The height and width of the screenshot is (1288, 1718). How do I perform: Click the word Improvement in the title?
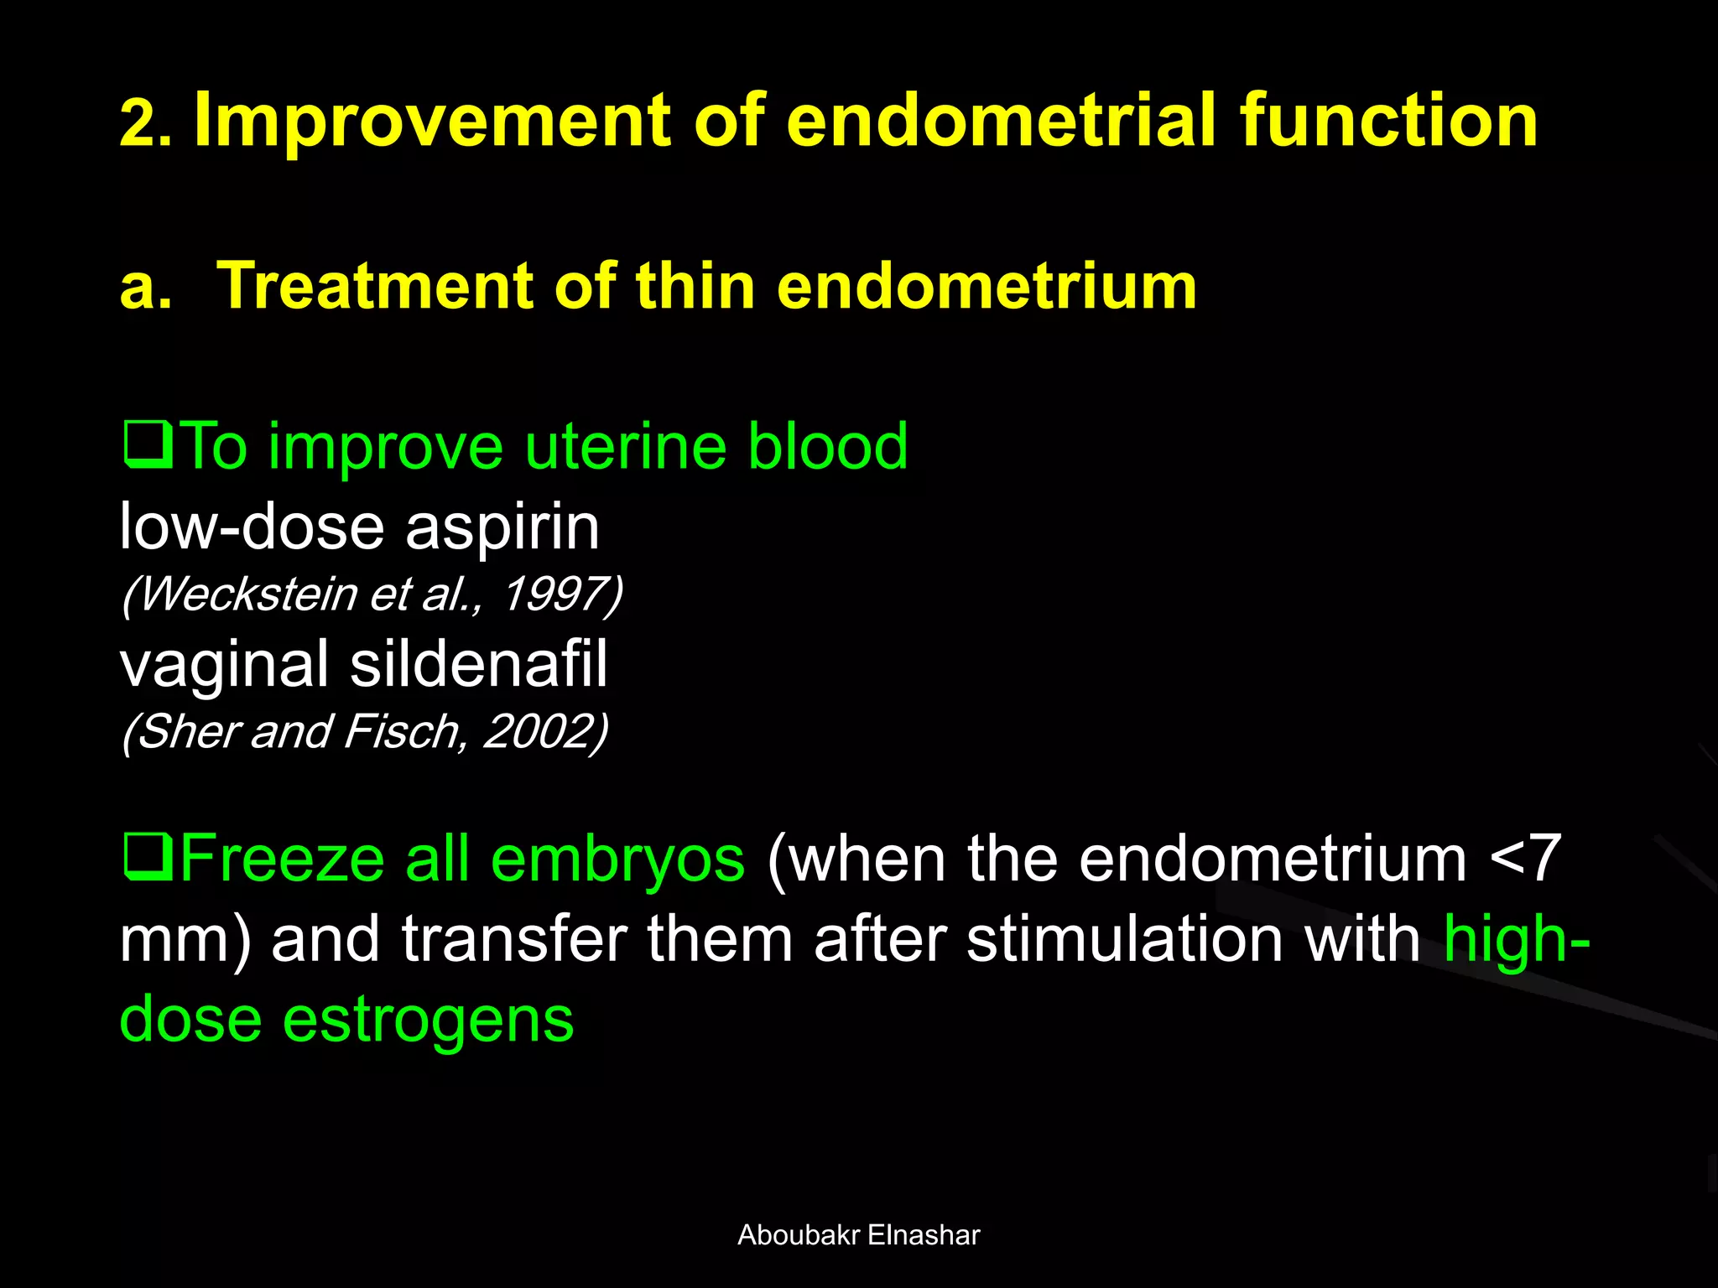[432, 122]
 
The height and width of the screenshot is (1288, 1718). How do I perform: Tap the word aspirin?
[502, 528]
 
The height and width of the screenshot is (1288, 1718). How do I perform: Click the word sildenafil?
[478, 664]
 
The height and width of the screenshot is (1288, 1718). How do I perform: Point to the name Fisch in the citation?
[401, 731]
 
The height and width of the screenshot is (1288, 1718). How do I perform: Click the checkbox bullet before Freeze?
[148, 857]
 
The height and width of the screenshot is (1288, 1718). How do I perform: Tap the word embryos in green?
[617, 859]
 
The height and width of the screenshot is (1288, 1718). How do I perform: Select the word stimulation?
[1125, 939]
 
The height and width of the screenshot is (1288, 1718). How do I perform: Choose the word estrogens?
[428, 1020]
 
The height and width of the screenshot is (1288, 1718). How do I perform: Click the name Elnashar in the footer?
[924, 1235]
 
